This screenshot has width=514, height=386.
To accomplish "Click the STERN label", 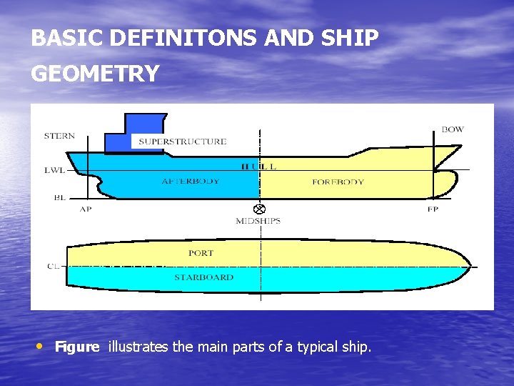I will [x=59, y=136].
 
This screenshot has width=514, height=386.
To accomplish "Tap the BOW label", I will [x=452, y=129].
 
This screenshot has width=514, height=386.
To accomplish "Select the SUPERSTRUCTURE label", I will [x=182, y=142].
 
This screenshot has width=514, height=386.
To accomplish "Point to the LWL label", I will [x=54, y=170].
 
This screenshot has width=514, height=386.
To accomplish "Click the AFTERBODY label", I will [x=191, y=182].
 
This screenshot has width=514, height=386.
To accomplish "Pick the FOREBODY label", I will [x=338, y=182].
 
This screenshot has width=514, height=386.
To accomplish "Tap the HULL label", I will [x=258, y=167].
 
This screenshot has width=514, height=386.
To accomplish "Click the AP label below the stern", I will [x=86, y=209].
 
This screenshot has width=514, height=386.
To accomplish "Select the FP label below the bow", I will [x=433, y=209].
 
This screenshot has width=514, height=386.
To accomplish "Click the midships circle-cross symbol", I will [x=259, y=209].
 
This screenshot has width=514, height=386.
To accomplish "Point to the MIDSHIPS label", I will [x=258, y=221].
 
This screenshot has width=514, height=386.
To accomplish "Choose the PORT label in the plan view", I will [x=201, y=253].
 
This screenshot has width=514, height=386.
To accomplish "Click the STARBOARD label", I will [x=203, y=277].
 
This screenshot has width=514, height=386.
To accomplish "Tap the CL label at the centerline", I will [x=53, y=266].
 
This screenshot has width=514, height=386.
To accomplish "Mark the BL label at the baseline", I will [x=59, y=197].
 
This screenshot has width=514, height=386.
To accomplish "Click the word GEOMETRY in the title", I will [x=95, y=74].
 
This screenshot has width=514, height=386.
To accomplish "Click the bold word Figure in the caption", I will [x=77, y=347].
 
